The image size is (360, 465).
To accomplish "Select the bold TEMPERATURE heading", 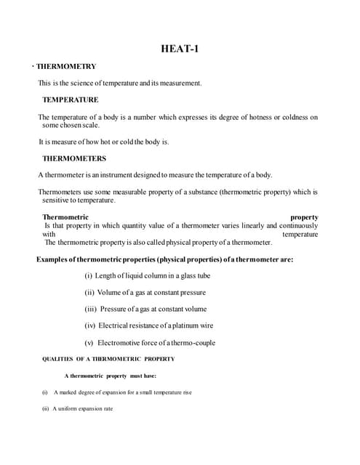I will pos(70,100).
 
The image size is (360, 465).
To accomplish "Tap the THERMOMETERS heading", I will pos(73,158).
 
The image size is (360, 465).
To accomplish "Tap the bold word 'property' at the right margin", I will pos(304,217).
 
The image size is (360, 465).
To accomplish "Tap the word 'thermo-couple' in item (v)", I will pos(193,342).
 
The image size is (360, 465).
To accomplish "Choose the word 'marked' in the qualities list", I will pos(68,392).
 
